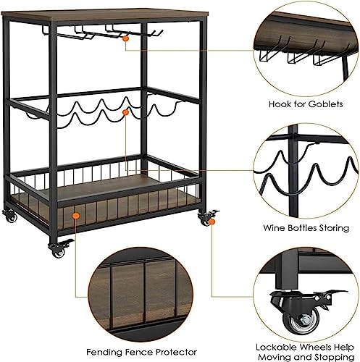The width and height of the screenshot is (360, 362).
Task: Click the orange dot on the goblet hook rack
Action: pyautogui.click(x=125, y=38)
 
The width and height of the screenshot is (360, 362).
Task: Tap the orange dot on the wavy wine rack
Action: pyautogui.click(x=125, y=112)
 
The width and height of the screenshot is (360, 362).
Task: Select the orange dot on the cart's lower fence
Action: pyautogui.click(x=76, y=216)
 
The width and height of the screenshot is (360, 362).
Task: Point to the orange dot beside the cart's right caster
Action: pyautogui.click(x=212, y=222)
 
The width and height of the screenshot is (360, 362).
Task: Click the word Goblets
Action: pyautogui.click(x=326, y=104)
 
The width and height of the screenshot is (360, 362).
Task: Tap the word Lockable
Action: pyautogui.click(x=276, y=348)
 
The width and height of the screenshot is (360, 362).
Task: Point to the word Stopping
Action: pyautogui.click(x=334, y=357)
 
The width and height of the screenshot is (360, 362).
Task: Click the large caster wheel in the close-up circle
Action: pyautogui.click(x=301, y=321)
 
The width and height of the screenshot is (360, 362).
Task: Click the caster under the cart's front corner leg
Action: pyautogui.click(x=59, y=248)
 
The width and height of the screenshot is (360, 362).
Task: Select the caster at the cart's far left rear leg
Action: pyautogui.click(x=10, y=216)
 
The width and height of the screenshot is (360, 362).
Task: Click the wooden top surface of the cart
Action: pyautogui.click(x=104, y=14)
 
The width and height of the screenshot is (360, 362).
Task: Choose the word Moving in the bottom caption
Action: pyautogui.click(x=274, y=357)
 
